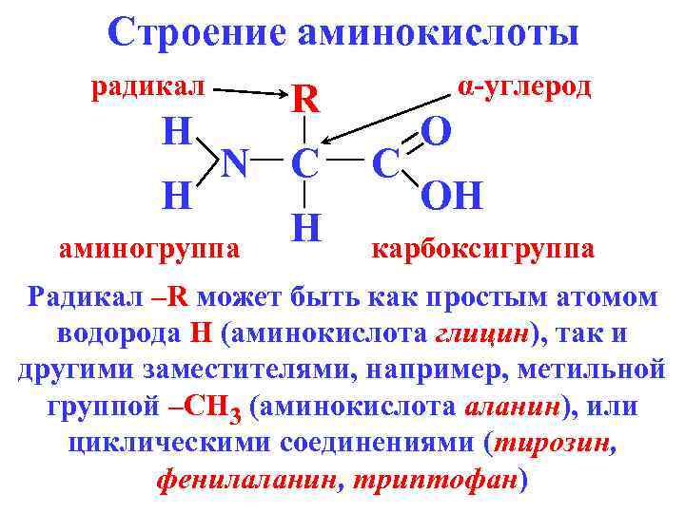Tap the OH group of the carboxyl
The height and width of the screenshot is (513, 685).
[x=452, y=197]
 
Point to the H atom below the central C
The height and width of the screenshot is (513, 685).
[x=303, y=227]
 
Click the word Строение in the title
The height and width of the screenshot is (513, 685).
[x=196, y=32]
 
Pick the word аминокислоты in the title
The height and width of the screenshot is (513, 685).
[x=438, y=32]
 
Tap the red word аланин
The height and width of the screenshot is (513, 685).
[x=512, y=407]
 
